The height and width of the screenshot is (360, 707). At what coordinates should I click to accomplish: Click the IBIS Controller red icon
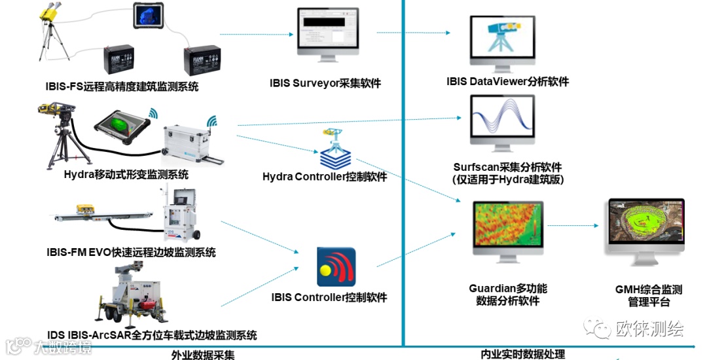336,266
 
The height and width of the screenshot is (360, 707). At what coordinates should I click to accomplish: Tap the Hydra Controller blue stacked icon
336,154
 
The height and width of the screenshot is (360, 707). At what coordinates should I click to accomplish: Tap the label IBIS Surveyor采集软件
325,83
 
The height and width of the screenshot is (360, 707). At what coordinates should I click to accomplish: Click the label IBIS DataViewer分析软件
507,82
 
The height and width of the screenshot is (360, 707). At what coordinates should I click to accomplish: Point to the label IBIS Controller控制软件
329,297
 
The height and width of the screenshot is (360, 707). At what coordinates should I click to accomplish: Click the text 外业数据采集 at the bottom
203,355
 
